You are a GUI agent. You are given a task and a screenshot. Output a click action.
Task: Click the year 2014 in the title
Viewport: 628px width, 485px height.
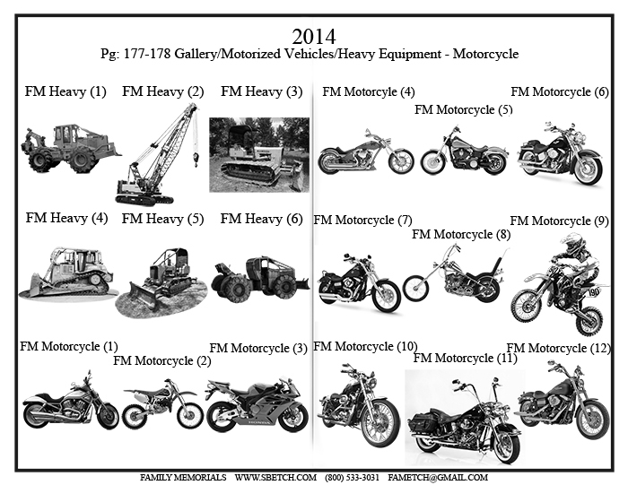pyautogui.click(x=314, y=37)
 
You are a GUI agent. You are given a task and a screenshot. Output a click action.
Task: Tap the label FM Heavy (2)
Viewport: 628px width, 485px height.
pyautogui.click(x=163, y=91)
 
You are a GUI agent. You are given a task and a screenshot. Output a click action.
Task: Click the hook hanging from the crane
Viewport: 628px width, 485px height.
pyautogui.click(x=196, y=159)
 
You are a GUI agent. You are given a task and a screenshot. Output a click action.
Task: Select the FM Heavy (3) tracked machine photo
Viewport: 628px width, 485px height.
pyautogui.click(x=259, y=154)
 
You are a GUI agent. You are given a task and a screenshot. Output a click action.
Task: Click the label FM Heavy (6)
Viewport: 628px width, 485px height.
pyautogui.click(x=261, y=219)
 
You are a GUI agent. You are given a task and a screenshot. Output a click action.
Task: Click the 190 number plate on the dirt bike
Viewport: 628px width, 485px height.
pyautogui.click(x=594, y=291)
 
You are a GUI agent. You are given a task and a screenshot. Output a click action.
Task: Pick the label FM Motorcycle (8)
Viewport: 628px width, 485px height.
pyautogui.click(x=461, y=234)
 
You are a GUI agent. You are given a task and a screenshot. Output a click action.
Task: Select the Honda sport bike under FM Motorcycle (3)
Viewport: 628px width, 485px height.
pyautogui.click(x=257, y=405)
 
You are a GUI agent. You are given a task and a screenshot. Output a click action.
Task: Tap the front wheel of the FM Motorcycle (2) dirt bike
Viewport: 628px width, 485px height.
pyautogui.click(x=190, y=414)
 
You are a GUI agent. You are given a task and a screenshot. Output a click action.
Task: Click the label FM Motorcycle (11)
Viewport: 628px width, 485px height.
pyautogui.click(x=465, y=358)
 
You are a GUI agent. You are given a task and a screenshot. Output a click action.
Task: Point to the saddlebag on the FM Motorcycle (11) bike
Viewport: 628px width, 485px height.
pyautogui.click(x=423, y=422)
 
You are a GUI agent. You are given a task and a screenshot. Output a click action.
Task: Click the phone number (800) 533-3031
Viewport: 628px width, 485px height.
pyautogui.click(x=352, y=478)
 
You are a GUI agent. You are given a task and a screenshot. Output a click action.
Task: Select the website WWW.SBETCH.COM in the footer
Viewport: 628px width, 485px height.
pyautogui.click(x=275, y=478)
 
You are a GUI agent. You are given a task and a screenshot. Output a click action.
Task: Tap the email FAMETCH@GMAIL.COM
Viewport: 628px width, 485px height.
pyautogui.click(x=438, y=478)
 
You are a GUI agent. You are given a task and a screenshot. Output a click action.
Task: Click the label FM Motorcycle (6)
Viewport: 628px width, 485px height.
pyautogui.click(x=560, y=91)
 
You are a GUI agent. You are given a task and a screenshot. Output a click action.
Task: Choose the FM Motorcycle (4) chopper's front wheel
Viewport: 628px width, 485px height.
pyautogui.click(x=401, y=160)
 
